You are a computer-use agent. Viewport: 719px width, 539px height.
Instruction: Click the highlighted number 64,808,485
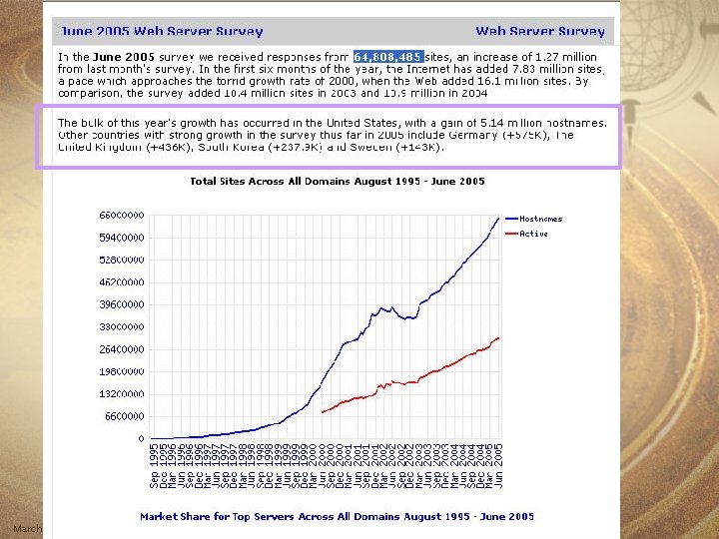point(388,56)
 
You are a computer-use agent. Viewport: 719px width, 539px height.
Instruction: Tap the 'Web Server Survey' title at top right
point(539,32)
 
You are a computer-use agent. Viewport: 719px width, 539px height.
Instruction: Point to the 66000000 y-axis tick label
point(122,216)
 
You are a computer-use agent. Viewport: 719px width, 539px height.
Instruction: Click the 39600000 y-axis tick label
point(122,304)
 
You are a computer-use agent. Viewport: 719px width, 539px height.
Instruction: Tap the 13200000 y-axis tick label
point(122,393)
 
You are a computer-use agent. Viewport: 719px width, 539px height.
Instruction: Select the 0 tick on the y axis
point(141,438)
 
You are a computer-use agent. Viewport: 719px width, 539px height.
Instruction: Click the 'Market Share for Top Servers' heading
point(337,516)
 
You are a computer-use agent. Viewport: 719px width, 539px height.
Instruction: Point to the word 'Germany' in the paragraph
point(473,135)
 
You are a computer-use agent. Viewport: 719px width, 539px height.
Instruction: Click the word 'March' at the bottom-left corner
point(26,528)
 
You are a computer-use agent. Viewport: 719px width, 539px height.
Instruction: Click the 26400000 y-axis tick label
point(122,349)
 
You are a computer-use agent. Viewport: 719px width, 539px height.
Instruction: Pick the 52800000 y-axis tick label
point(122,260)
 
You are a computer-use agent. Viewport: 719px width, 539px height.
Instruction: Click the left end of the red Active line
point(323,411)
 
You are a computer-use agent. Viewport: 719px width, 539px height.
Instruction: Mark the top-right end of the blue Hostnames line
point(499,218)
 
